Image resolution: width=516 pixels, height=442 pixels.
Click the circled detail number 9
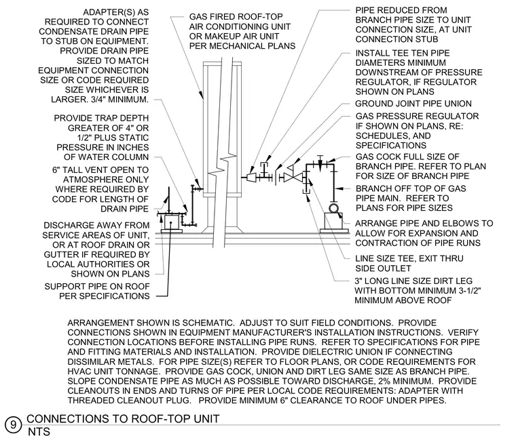click(13, 425)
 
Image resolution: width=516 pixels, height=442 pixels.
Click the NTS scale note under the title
click(39, 432)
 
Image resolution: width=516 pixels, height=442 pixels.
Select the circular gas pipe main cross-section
click(333, 208)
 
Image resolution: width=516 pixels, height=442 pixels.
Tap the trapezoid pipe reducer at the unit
click(252, 178)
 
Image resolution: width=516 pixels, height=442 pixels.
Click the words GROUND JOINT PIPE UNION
click(413, 104)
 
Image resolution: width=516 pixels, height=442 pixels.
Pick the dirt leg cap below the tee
click(306, 192)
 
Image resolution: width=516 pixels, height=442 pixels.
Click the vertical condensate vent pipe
click(169, 200)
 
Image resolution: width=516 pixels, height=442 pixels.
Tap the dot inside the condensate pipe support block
click(171, 222)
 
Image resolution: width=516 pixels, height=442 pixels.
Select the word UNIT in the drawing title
click(206, 419)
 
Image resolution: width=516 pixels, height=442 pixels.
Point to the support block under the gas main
click(333, 223)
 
